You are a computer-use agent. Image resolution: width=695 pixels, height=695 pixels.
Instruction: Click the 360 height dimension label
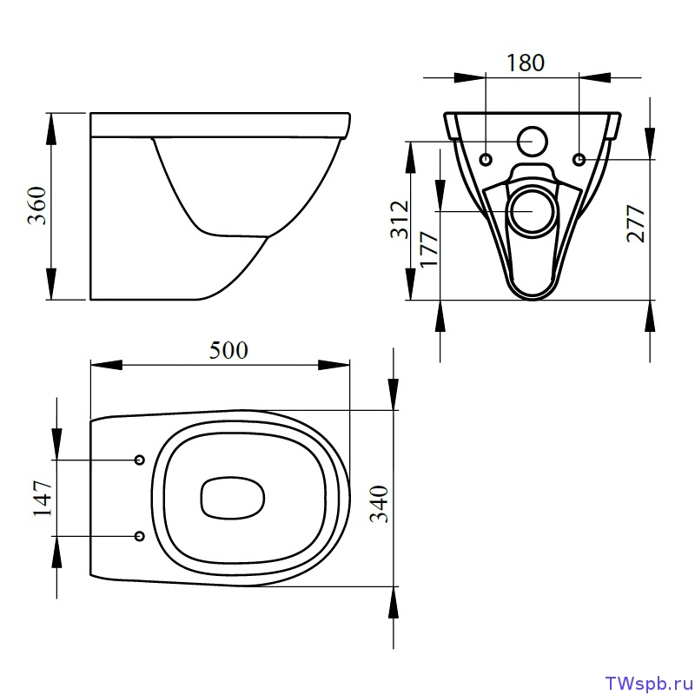coord(37,206)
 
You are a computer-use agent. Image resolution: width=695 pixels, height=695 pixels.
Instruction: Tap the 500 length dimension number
coord(228,350)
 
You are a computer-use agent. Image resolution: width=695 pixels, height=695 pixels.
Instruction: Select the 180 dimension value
coord(526,63)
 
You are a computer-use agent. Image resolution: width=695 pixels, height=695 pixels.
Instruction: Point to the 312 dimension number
coord(400,220)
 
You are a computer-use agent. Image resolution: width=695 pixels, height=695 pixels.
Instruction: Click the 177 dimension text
coord(429,249)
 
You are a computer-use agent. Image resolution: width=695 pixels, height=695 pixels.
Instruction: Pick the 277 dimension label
coord(636,223)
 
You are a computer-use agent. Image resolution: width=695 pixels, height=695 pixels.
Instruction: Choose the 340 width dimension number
coord(380,505)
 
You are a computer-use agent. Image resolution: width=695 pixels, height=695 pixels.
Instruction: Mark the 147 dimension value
coord(43,498)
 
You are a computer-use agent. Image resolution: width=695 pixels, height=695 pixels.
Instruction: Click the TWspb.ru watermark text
coord(646,683)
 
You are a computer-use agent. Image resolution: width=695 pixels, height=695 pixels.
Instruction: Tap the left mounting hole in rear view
coord(486,159)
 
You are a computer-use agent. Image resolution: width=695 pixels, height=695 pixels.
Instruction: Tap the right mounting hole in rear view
coord(579,159)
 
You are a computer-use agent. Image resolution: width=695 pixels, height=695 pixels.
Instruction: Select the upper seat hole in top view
coord(140,460)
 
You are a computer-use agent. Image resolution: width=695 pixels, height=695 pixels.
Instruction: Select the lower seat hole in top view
coord(140,536)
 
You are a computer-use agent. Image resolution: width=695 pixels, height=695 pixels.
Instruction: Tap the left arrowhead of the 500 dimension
coord(106,365)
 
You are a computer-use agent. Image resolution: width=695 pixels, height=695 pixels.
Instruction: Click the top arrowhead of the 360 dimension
coord(51,129)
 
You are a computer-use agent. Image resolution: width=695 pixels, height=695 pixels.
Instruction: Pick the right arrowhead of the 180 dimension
coord(595,77)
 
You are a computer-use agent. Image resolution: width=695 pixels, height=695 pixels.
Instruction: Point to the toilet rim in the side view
coord(221,125)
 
